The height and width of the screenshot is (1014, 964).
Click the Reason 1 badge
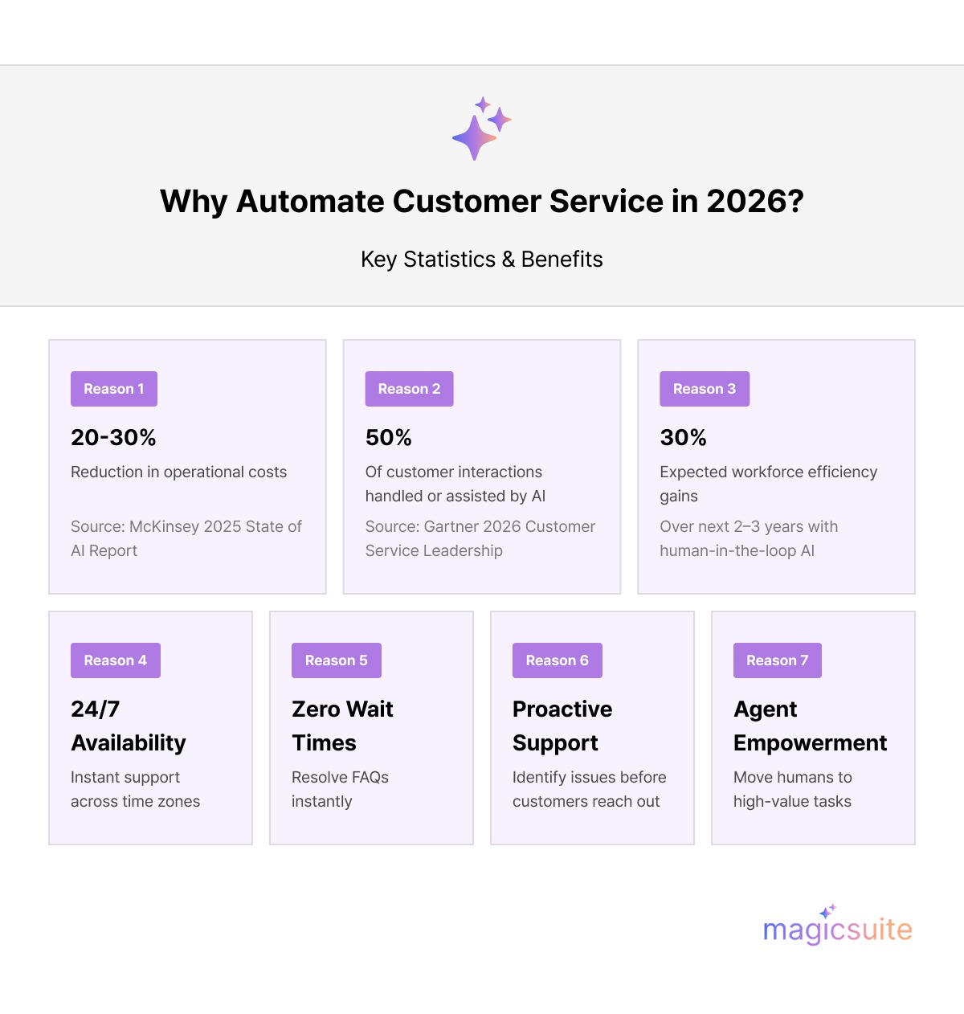pos(114,389)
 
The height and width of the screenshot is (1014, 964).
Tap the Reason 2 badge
pos(409,389)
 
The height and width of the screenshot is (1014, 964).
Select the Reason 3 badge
pos(705,389)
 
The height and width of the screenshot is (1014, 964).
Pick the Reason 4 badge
pos(116,660)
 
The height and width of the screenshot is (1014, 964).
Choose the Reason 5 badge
pos(337,660)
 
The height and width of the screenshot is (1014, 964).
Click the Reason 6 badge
pos(558,660)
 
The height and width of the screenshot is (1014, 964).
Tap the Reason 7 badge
pos(778,660)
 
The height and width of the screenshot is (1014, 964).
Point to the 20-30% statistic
pos(113,438)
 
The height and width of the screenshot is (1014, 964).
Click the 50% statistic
pos(389,438)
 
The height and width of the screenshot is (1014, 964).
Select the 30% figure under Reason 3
pos(684,438)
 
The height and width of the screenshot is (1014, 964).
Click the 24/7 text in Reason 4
pos(96,709)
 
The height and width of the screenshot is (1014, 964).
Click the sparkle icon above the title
pos(481,129)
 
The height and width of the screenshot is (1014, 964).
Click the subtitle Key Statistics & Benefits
pos(482,260)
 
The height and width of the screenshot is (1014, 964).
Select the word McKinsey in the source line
pos(164,527)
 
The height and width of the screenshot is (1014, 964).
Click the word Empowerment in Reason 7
pos(810,743)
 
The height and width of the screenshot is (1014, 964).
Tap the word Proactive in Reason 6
pos(562,709)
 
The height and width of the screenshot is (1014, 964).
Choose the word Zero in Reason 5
pos(317,709)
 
